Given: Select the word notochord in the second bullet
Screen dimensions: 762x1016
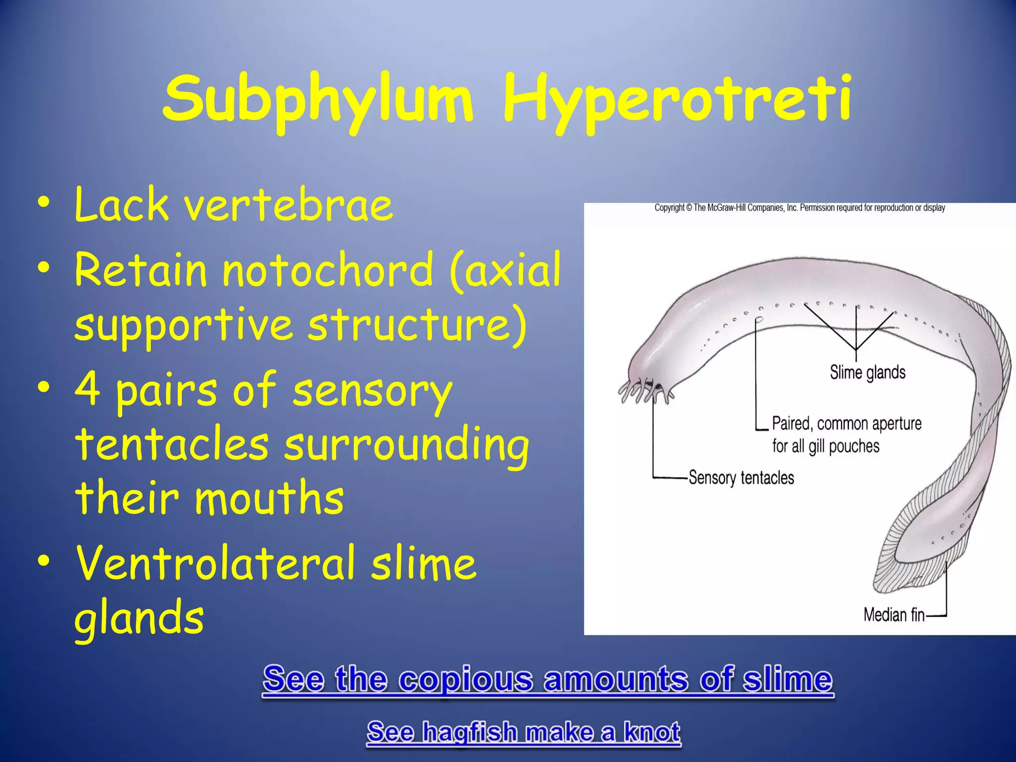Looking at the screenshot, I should (328, 270).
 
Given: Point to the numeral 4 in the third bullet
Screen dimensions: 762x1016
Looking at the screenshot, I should (88, 389).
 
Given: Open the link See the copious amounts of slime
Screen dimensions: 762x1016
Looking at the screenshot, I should (548, 679).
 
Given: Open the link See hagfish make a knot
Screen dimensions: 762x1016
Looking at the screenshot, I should (523, 732).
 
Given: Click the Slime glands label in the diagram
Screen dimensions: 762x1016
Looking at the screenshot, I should (868, 373).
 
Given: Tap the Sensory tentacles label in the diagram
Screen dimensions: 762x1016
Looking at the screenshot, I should (741, 478).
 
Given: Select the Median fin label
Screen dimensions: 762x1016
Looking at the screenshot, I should (894, 615).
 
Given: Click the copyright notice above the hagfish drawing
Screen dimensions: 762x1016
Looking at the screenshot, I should (800, 208).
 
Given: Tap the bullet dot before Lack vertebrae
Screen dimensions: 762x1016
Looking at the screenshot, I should (44, 203).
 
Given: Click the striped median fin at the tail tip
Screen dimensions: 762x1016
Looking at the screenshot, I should (903, 571).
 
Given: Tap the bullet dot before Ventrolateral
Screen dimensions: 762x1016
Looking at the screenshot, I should (44, 561).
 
